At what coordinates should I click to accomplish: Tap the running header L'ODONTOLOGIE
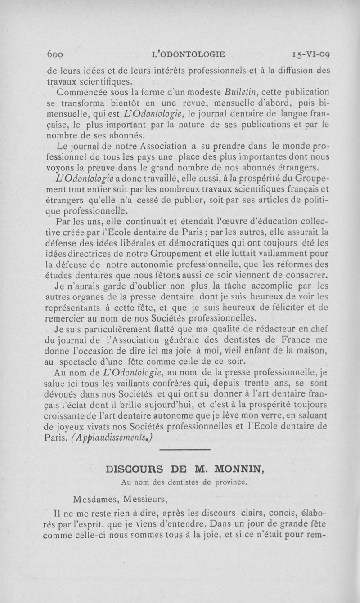(189, 55)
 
